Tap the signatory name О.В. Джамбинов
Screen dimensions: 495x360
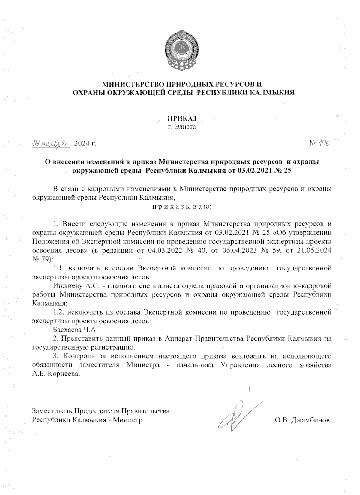302,420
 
